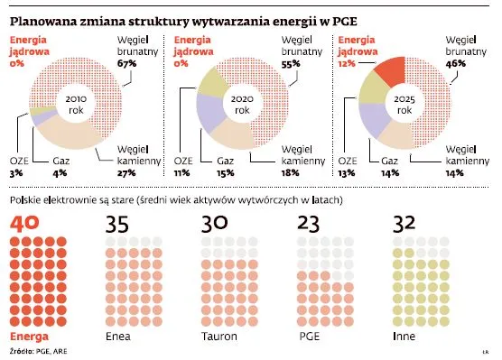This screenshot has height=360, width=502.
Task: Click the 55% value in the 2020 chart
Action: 292,64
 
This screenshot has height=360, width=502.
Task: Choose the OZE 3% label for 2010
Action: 18,169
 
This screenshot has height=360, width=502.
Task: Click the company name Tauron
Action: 219,336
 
